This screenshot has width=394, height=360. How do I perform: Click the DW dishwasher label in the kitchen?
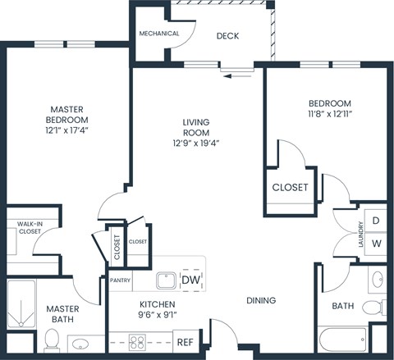coord(191,280)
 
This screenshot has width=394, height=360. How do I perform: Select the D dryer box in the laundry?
coord(376,221)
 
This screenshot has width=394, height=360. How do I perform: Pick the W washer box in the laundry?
coord(376,244)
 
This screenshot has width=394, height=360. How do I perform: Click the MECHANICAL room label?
coord(159,34)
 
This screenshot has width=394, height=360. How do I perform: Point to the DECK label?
coord(227,36)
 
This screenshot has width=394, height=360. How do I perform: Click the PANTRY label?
coord(121,280)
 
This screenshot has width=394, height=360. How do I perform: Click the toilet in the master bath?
coord(51,338)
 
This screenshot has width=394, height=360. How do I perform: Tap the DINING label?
coord(260,300)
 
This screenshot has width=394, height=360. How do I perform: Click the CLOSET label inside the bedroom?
coord(290,187)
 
